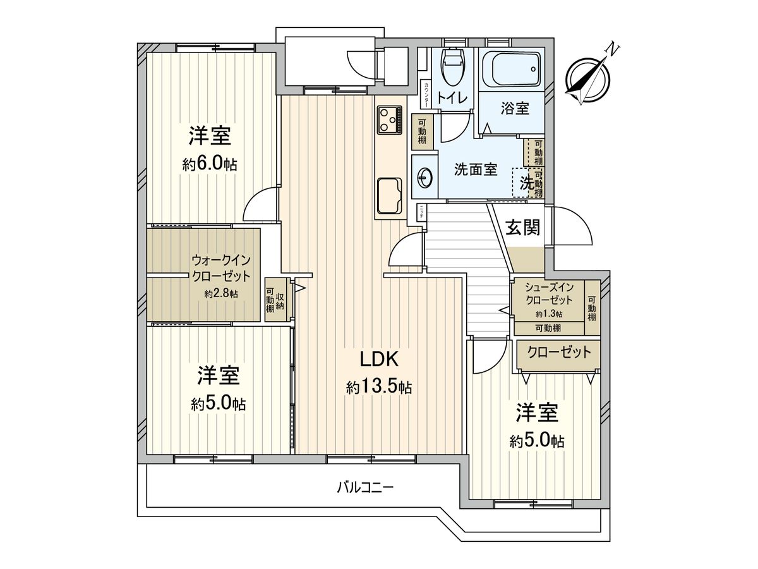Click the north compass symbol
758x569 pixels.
pos(588,80)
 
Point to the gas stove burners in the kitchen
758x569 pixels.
pos(390,119)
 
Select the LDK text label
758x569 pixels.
pos(378,359)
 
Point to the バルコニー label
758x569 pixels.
pos(365,487)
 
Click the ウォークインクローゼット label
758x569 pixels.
pos(221,268)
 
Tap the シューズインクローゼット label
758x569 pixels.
pos(548,294)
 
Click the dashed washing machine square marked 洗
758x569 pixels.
pos(522,183)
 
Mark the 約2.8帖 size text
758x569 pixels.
pos(221,293)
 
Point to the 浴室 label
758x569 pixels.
pos(515,108)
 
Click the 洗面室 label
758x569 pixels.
pos(476,170)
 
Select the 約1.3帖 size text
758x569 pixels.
pos(548,314)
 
